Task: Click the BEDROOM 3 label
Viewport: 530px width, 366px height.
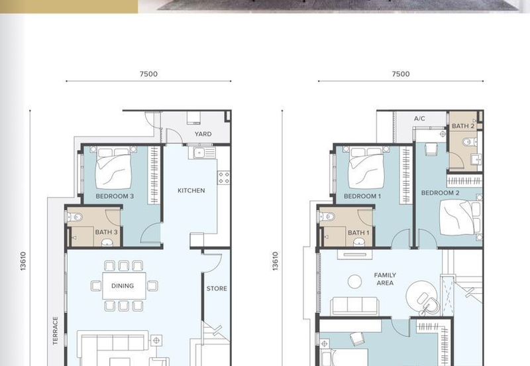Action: [115, 196]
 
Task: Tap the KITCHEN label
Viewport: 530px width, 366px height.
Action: [191, 190]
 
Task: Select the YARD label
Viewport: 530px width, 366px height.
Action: [203, 134]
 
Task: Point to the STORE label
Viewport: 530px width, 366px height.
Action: [217, 288]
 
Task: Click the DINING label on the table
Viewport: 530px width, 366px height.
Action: [123, 286]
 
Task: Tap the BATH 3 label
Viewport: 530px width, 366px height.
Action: [106, 231]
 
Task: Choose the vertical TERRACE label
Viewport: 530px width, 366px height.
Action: [56, 330]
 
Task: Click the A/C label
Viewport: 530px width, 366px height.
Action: [419, 119]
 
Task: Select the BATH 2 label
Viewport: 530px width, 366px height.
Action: [463, 126]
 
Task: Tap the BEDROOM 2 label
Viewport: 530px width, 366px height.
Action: [441, 193]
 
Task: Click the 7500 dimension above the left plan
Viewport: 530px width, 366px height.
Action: [148, 74]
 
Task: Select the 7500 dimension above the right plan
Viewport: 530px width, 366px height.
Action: [401, 74]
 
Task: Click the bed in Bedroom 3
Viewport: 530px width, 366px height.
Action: [114, 168]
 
